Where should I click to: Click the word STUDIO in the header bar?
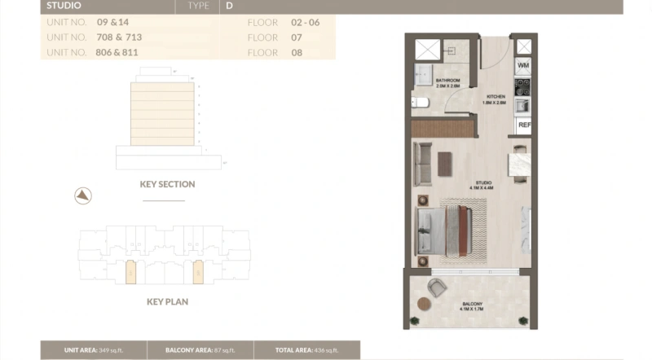point(64,6)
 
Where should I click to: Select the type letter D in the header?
point(230,6)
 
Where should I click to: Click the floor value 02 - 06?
point(305,22)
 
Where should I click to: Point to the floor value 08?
point(297,52)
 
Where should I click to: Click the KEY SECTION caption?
point(167,185)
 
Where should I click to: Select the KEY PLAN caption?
point(168,301)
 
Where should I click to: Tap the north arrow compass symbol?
point(83,195)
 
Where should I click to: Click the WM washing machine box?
point(522,64)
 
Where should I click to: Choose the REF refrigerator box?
point(524,125)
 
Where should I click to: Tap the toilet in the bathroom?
point(417,103)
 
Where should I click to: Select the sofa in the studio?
point(422,163)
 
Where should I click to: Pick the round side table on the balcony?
point(423,303)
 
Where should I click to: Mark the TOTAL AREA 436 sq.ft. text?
point(305,349)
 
